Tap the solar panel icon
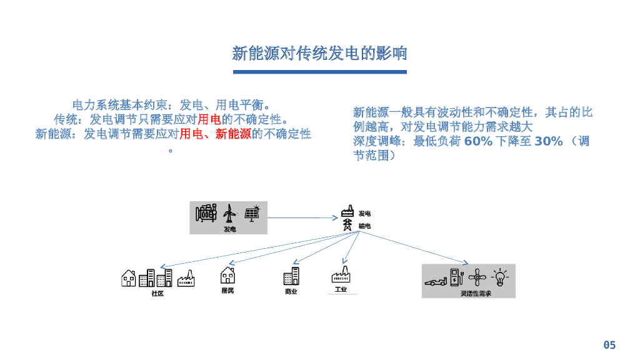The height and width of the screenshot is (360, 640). click(252, 214)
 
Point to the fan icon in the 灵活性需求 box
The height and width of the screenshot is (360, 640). click(477, 277)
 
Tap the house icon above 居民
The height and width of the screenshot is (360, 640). click(227, 276)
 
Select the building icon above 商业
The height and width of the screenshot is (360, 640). click(291, 276)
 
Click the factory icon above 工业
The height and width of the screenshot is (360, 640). click(341, 275)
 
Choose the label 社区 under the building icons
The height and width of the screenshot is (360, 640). click(157, 293)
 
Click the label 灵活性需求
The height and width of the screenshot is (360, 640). click(476, 292)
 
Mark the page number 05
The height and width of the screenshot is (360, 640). click(609, 345)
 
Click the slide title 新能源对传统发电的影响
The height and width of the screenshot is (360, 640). click(319, 54)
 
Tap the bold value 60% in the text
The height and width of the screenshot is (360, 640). click(478, 141)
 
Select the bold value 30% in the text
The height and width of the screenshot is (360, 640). click(548, 141)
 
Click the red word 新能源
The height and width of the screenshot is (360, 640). click(233, 134)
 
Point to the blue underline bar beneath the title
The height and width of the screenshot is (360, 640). click(319, 72)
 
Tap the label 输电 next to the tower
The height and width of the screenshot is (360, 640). click(365, 226)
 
